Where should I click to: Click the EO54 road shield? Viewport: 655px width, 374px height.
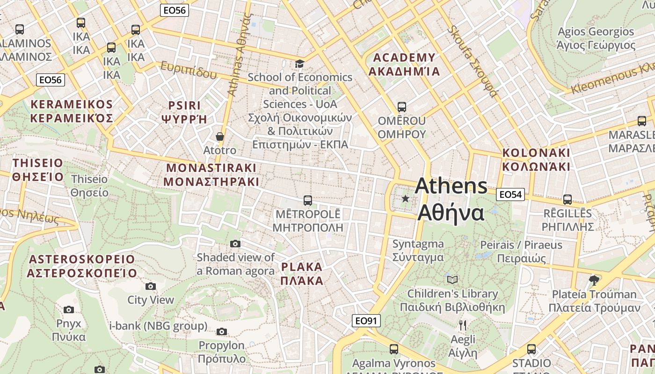click(x=510, y=194)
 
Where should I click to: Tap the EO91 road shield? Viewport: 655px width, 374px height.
click(x=366, y=321)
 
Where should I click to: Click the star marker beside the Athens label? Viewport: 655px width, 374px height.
click(x=405, y=199)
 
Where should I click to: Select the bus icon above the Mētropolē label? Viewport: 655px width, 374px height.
click(x=307, y=201)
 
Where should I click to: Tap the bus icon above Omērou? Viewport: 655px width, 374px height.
click(x=401, y=107)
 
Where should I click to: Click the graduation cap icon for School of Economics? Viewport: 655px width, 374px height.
click(x=299, y=64)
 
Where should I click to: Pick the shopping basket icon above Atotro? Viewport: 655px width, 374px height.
click(x=220, y=137)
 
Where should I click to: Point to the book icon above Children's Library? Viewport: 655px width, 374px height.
click(x=452, y=280)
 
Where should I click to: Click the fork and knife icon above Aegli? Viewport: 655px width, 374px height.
click(x=463, y=325)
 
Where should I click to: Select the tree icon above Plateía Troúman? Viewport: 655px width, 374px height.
click(x=594, y=280)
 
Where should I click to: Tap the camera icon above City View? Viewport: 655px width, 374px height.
click(x=150, y=286)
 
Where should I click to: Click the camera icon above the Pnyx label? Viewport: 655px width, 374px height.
click(x=69, y=309)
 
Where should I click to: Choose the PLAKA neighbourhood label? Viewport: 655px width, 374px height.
click(x=302, y=274)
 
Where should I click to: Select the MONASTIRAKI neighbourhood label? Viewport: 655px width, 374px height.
click(x=211, y=174)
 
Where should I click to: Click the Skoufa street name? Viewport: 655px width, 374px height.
click(x=471, y=61)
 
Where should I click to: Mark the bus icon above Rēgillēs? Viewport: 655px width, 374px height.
click(x=568, y=200)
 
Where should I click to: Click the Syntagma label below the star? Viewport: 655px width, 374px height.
click(x=418, y=250)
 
